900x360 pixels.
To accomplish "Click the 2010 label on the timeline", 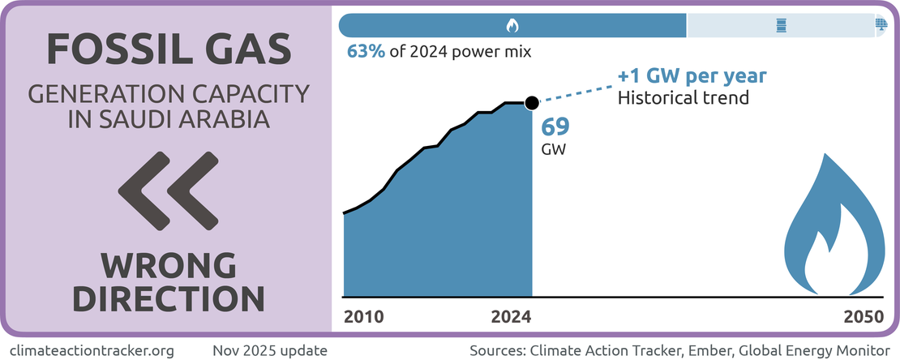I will (x=364, y=316).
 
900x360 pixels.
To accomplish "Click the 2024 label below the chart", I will (x=512, y=316).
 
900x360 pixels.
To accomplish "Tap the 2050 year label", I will (x=863, y=316).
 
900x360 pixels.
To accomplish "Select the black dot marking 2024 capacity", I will (x=531, y=103).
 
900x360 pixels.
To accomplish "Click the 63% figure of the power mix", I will (x=363, y=52).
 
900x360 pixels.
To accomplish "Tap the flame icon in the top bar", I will (x=512, y=26).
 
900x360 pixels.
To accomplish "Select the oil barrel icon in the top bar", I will (x=781, y=26).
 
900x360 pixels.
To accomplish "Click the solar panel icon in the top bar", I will (x=881, y=25).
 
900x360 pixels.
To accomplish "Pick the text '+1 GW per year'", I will (x=692, y=76).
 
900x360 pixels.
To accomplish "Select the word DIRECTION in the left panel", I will (x=169, y=298).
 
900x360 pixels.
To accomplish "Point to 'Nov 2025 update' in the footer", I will (x=270, y=350).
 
